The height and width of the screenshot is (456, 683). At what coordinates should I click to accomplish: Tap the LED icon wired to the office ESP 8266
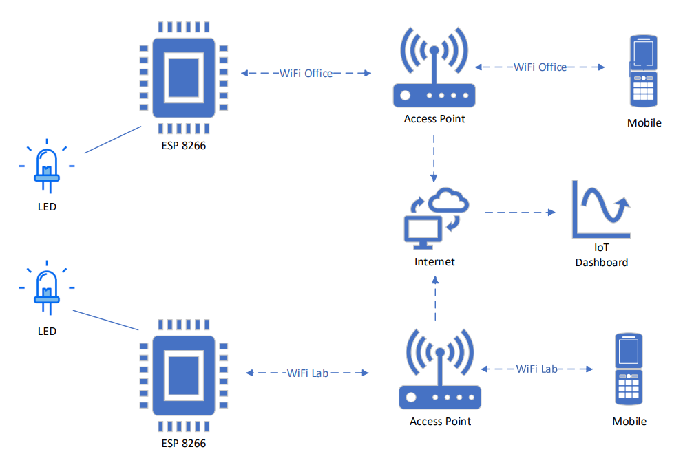tap(47, 166)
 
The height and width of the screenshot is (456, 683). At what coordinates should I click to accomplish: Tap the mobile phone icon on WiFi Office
tap(644, 72)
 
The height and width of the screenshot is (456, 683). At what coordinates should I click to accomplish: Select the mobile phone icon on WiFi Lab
tap(629, 371)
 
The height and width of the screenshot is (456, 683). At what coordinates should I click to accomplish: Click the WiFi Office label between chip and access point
tap(306, 73)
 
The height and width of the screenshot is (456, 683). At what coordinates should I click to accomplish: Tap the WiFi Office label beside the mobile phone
tap(540, 67)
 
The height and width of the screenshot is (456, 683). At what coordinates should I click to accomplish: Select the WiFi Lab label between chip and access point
tap(308, 373)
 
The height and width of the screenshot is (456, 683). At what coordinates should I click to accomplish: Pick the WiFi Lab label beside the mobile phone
tap(537, 369)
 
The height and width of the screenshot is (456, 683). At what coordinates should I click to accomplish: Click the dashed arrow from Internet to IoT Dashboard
tap(520, 213)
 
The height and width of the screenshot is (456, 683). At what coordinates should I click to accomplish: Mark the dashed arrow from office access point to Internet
tap(434, 158)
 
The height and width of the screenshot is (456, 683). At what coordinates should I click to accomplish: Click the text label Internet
tap(434, 262)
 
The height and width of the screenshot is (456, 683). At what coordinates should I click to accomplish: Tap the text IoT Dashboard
tap(602, 255)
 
